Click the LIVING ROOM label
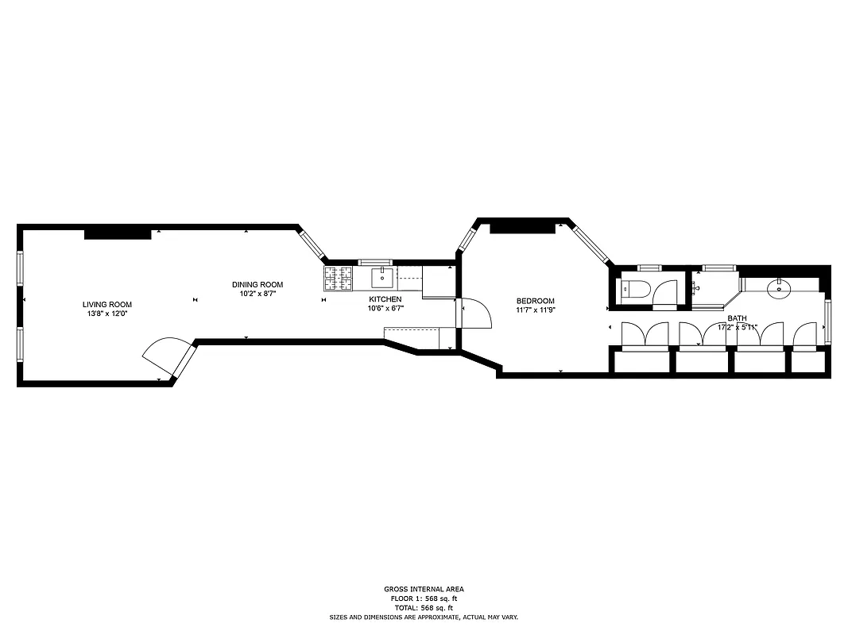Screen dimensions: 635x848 107,304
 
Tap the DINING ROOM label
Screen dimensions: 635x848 257,285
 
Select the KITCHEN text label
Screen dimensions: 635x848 385,299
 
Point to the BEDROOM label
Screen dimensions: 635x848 535,301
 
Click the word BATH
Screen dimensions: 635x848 737,317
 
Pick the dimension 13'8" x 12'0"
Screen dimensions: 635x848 107,314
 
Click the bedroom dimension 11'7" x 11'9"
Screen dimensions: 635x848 535,310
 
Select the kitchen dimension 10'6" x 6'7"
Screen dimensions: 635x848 385,309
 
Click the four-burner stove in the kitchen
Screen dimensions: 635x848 338,278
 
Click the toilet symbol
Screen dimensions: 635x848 636,289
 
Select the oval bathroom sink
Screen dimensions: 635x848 779,287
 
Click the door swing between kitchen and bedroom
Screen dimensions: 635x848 472,314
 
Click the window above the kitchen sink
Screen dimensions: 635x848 374,262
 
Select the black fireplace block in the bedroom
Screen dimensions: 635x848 521,229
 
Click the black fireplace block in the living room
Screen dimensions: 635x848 117,233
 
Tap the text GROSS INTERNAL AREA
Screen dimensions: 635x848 424,589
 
